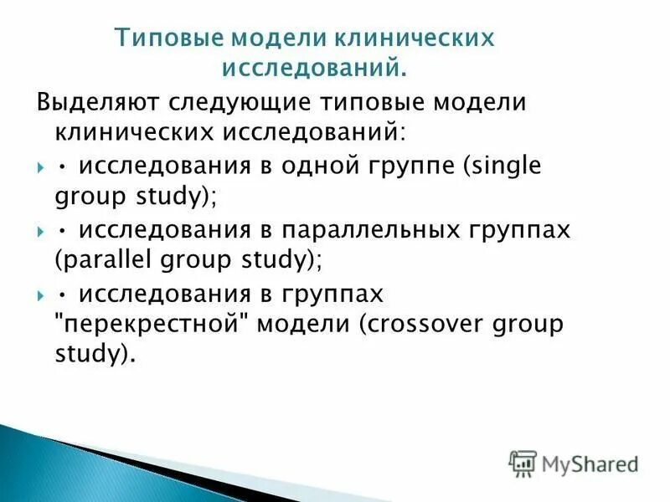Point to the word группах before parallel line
click(516, 229)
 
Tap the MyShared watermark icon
click(523, 462)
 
